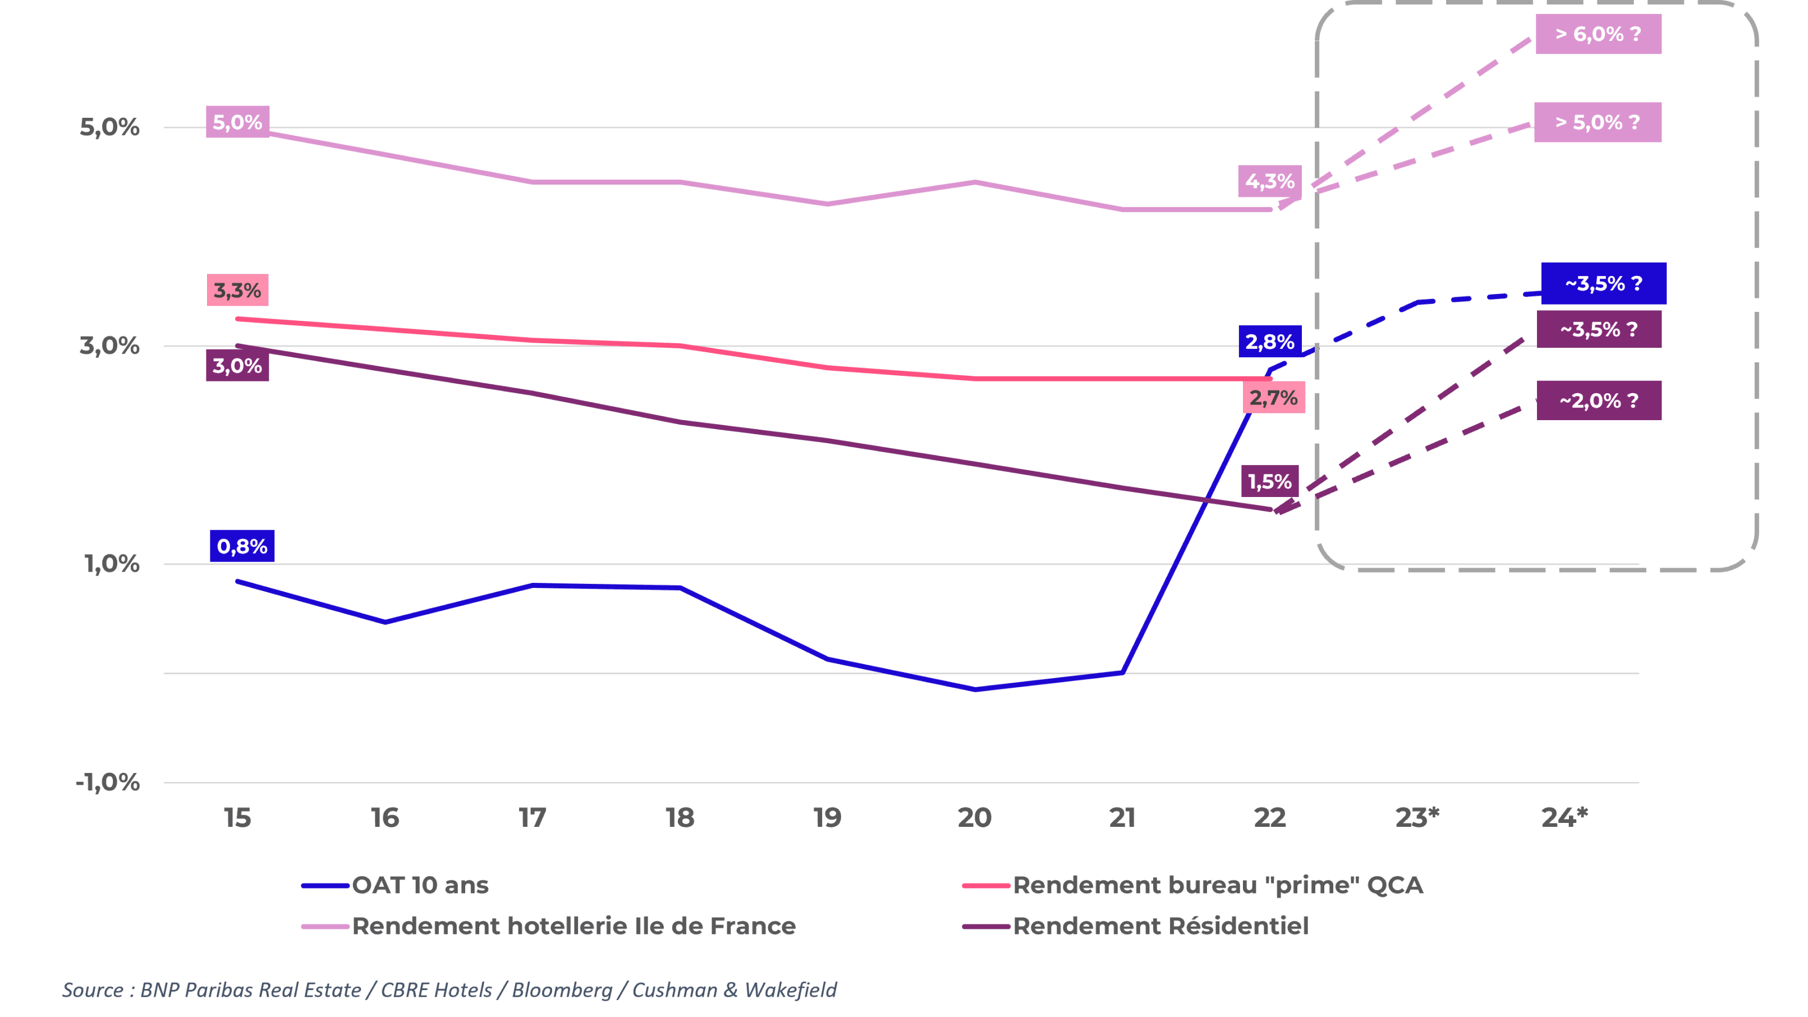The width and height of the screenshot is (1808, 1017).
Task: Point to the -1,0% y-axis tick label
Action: tap(108, 782)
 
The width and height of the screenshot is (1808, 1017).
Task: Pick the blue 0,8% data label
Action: tap(242, 546)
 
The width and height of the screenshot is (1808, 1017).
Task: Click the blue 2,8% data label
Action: tap(1270, 342)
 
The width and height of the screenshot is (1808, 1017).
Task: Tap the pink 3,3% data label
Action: tap(237, 290)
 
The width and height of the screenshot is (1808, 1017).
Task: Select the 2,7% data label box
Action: tap(1273, 398)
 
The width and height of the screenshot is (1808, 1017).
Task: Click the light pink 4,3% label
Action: tap(1270, 181)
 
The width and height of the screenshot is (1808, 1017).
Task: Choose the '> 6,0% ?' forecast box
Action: tap(1598, 34)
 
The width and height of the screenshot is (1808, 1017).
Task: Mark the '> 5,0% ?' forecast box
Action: tap(1598, 122)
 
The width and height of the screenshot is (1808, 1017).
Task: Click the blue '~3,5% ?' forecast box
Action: tap(1604, 283)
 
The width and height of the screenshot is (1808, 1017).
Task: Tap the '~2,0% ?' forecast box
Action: tap(1599, 401)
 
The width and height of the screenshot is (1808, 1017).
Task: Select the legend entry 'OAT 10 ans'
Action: tap(420, 885)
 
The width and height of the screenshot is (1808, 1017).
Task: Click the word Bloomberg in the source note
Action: tap(562, 990)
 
